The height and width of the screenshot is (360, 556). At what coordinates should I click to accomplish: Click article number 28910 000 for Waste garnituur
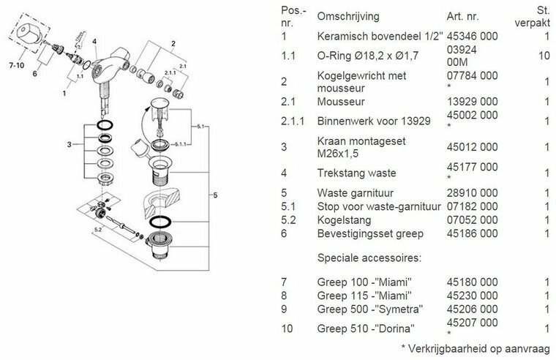click(472, 192)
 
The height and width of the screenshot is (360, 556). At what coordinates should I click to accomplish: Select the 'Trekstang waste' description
click(356, 172)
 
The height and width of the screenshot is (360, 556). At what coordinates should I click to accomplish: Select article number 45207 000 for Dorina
click(472, 323)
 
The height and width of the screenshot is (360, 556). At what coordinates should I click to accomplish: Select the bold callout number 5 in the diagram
click(214, 195)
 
